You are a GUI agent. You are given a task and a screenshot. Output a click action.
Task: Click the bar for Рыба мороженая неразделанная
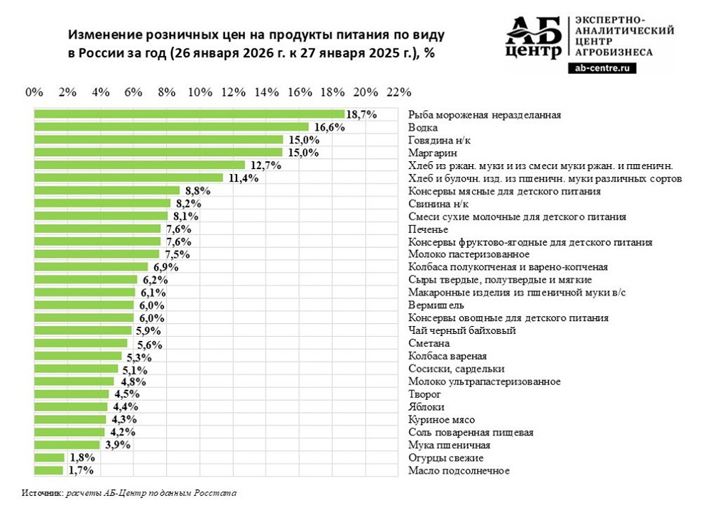(x=189, y=114)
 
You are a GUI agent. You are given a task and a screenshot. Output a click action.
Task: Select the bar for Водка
(x=171, y=127)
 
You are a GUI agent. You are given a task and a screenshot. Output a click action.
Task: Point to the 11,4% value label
(x=243, y=178)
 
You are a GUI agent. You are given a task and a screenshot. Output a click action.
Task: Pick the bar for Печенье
(x=97, y=229)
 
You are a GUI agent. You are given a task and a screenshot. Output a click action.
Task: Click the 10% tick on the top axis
(x=200, y=92)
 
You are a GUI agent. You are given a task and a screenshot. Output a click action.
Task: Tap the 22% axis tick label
(x=399, y=92)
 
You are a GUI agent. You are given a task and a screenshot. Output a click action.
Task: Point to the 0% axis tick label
(x=34, y=92)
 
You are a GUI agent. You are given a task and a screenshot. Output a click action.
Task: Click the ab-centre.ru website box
(x=602, y=68)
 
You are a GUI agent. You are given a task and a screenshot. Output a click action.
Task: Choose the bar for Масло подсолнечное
(x=48, y=470)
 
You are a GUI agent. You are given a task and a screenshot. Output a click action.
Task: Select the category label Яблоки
(x=426, y=407)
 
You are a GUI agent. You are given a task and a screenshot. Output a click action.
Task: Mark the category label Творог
(x=425, y=394)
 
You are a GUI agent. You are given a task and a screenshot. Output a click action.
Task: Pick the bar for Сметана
(x=81, y=344)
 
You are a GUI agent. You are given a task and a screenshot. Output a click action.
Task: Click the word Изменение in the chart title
(x=105, y=35)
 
